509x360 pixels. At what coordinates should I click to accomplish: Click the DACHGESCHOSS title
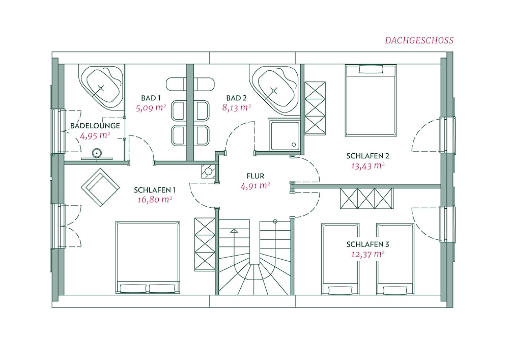pos(419,41)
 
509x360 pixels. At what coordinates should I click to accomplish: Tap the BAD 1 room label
pos(151,98)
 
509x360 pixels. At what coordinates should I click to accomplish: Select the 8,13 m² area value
pos(236,107)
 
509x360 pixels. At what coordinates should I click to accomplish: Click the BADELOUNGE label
pos(95,126)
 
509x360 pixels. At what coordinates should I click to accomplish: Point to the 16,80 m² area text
pos(155,199)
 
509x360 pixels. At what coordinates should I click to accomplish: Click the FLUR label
pos(256,176)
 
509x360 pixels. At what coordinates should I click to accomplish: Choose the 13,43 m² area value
pos(368,166)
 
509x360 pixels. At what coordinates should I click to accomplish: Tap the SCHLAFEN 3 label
pos(367,244)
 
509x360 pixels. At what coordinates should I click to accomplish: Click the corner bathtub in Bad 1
pos(101,87)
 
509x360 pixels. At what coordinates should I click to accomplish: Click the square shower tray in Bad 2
pos(285,136)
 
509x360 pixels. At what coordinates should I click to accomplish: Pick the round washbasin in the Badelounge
pos(97,153)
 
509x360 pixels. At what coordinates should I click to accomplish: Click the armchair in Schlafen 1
pos(100,187)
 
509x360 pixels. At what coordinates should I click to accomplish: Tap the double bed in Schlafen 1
pos(148,258)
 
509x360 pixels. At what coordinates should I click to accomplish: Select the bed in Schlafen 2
pos(371,100)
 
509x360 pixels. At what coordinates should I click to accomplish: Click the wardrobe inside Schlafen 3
pos(366,199)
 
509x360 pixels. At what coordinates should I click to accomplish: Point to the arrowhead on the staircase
pos(234,231)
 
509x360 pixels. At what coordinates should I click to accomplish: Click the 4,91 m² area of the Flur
pos(256,186)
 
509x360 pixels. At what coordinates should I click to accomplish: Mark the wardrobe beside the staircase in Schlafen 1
pos(205,244)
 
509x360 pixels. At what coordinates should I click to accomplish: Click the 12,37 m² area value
pos(367,254)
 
